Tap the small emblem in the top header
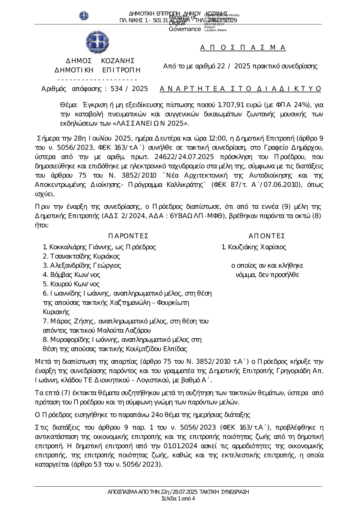tap(84, 16)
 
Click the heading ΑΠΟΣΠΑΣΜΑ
tap(243, 48)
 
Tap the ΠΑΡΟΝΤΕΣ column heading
tap(128, 236)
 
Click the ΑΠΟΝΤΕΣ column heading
tap(267, 236)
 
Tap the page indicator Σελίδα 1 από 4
tap(179, 499)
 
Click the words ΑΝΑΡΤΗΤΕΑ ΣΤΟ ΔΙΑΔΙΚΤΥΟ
tap(240, 89)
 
